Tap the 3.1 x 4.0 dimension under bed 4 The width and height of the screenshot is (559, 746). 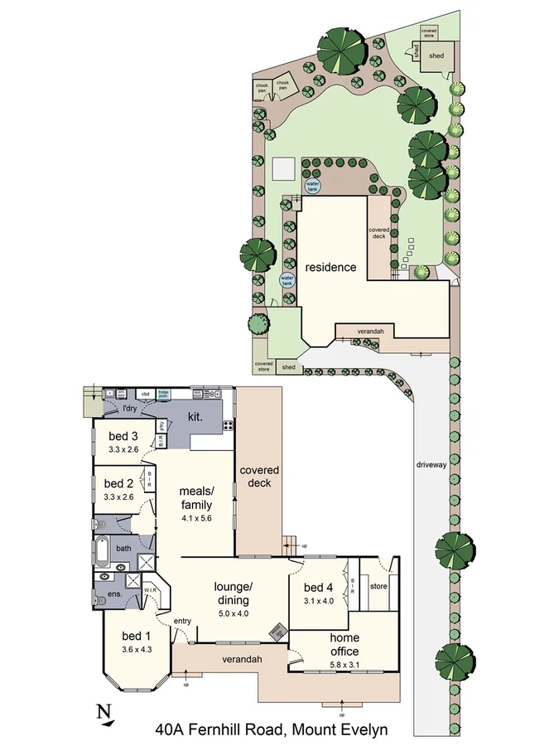pos(318,601)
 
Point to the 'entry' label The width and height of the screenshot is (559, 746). pos(181,622)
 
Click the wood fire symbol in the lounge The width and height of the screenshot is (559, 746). pos(277,632)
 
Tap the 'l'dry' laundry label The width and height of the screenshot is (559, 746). pos(129,409)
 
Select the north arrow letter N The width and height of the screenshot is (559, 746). pos(103,710)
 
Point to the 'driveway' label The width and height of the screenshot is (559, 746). pos(431,465)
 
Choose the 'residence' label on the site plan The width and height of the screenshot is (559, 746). pos(330,267)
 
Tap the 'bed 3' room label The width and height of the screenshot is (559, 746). pos(123,436)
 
